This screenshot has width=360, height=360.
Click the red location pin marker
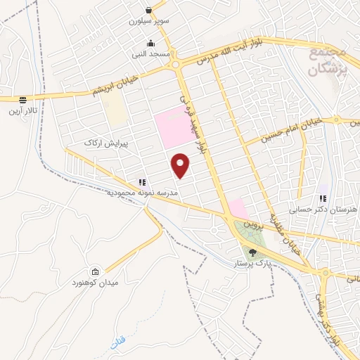(x=181, y=165)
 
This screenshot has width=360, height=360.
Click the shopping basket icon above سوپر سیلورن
(x=149, y=10)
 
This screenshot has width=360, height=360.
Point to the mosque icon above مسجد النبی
(x=150, y=43)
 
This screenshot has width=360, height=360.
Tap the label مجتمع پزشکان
(x=328, y=63)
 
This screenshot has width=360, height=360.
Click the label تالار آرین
(x=23, y=111)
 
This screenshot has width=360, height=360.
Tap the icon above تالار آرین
(x=22, y=100)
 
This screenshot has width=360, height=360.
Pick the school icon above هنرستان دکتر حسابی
(x=322, y=199)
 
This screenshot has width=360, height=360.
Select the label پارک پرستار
(x=252, y=264)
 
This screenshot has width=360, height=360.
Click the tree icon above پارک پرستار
(x=252, y=252)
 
